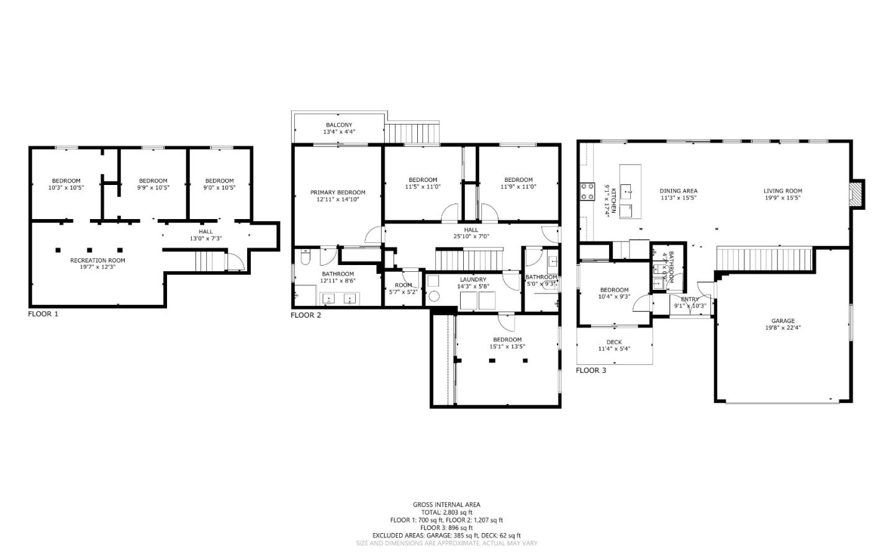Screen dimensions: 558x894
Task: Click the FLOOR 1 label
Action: tap(43, 314)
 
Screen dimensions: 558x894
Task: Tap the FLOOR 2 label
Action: tap(305, 315)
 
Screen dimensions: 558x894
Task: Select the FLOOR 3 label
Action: tap(590, 371)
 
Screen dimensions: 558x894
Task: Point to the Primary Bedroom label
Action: tap(338, 193)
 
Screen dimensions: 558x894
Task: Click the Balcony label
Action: tap(339, 125)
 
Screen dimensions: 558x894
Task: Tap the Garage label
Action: tap(783, 321)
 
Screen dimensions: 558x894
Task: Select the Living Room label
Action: tap(783, 191)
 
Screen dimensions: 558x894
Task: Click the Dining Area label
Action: tap(678, 191)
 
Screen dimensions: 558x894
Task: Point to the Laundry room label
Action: tap(473, 280)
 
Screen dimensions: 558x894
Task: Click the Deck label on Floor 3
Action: tap(614, 343)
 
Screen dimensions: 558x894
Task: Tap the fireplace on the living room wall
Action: tap(857, 193)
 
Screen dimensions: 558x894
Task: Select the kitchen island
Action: tap(630, 192)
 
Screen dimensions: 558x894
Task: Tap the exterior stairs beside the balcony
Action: tap(413, 133)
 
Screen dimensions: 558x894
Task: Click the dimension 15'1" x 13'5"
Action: tap(507, 346)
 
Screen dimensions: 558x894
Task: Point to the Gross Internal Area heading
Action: tap(446, 505)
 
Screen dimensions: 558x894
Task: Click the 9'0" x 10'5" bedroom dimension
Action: tap(220, 187)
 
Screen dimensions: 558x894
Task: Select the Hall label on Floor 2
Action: tap(471, 230)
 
